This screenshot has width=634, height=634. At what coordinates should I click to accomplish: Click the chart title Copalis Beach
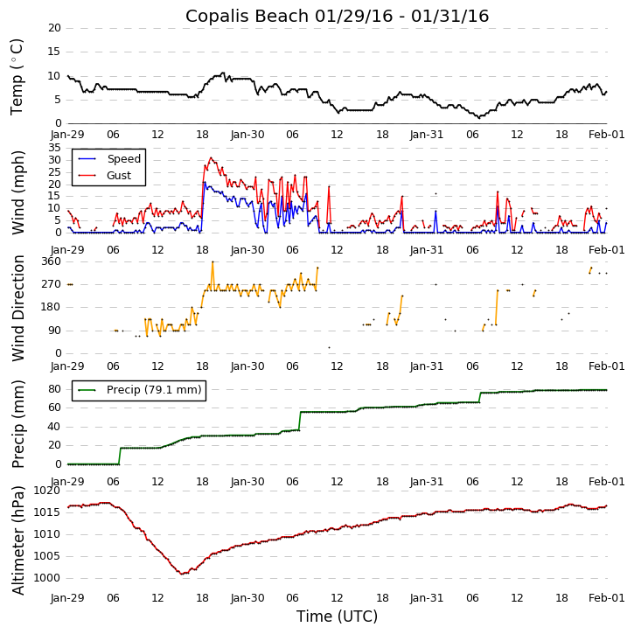tap(337, 17)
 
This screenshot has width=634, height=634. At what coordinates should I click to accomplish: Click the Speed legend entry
tap(123, 159)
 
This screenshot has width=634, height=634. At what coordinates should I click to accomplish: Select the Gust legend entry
tap(119, 176)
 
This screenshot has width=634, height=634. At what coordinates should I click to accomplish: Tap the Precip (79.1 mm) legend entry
tap(153, 390)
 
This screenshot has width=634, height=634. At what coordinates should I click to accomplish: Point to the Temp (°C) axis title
tap(17, 76)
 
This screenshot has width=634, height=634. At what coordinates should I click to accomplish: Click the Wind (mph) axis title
tap(18, 192)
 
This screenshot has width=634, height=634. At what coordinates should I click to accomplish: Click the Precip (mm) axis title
tap(18, 423)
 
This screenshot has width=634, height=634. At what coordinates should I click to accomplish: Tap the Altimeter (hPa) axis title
tap(18, 540)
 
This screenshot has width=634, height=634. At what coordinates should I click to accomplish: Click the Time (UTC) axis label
tap(337, 617)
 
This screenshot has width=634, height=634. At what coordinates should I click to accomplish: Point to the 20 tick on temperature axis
tap(54, 28)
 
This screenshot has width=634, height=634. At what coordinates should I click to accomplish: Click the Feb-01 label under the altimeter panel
tap(606, 597)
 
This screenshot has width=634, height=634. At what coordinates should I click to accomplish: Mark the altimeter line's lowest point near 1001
tap(182, 574)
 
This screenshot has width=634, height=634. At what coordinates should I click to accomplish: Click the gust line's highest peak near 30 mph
tap(211, 158)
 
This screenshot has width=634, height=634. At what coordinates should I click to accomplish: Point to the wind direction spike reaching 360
tap(212, 261)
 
